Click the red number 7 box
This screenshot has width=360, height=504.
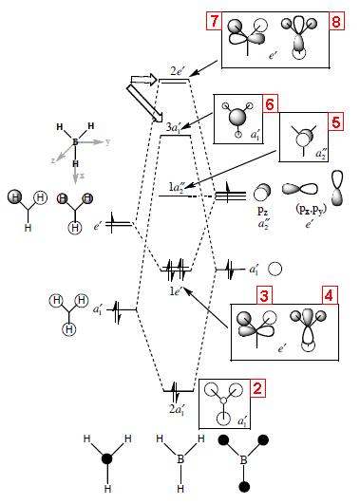pos(214,21)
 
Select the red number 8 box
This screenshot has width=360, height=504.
pos(336,21)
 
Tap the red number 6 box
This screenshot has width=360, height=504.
pos(271,103)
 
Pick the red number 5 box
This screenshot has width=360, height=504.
pos(336,121)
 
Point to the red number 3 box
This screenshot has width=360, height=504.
pos(264,295)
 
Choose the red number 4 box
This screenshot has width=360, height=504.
pos(331,295)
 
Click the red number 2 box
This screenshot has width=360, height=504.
pos(257,388)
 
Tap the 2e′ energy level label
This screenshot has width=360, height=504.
pos(177,72)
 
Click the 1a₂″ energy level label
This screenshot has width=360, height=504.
pos(177,188)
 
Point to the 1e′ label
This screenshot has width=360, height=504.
pos(177,291)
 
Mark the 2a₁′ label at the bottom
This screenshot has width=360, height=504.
pos(177,409)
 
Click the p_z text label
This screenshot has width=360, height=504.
pos(262,211)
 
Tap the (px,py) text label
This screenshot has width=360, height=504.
pos(309,210)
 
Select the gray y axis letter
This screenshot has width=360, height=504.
pos(107,142)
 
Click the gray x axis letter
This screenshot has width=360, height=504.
pos(83,176)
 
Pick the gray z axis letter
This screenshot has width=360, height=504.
pos(53,160)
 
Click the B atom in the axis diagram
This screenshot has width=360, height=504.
pos(75,141)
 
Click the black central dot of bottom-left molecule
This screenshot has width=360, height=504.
pos(107,458)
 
